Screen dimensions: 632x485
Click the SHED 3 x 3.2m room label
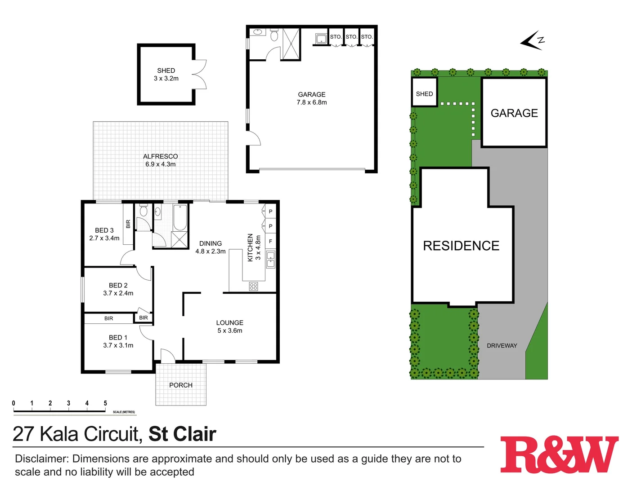click(x=166, y=75)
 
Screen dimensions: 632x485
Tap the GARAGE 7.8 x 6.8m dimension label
click(x=312, y=98)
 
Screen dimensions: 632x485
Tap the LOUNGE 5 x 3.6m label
click(x=229, y=326)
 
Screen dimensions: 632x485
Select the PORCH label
click(x=181, y=385)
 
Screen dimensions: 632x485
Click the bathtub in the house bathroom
click(x=180, y=217)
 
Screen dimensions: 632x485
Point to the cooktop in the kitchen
click(x=253, y=287)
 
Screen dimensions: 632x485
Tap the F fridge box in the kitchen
click(x=270, y=241)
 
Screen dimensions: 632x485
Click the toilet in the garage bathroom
click(x=274, y=35)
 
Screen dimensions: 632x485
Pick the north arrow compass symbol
click(x=533, y=40)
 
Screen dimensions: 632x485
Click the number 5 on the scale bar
click(x=105, y=403)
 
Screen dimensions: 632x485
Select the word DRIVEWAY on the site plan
click(x=502, y=346)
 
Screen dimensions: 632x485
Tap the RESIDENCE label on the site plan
click(x=461, y=246)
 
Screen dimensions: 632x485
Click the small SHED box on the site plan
click(x=424, y=93)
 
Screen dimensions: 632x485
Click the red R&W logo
click(x=559, y=455)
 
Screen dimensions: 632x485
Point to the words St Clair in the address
click(x=182, y=434)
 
